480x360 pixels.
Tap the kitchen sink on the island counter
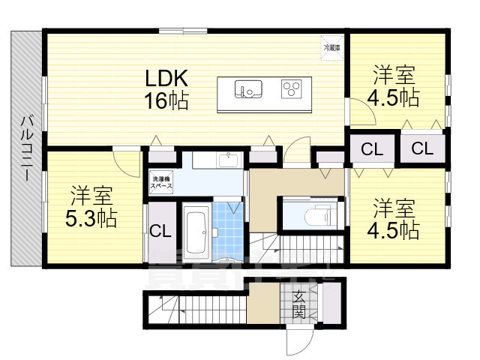pyautogui.click(x=246, y=90)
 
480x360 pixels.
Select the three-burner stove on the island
pyautogui.click(x=291, y=90)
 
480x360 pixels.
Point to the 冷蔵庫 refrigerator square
pyautogui.click(x=331, y=45)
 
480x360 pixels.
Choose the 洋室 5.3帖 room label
pyautogui.click(x=92, y=207)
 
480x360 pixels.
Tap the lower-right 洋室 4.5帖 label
pyautogui.click(x=393, y=217)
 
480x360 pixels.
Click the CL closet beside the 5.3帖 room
pyautogui.click(x=160, y=231)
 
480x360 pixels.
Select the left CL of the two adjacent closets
pyautogui.click(x=370, y=148)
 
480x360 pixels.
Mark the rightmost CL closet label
pyautogui.click(x=421, y=148)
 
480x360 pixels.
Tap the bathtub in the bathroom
pyautogui.click(x=197, y=232)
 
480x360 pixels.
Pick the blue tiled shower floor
pyautogui.click(x=228, y=229)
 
